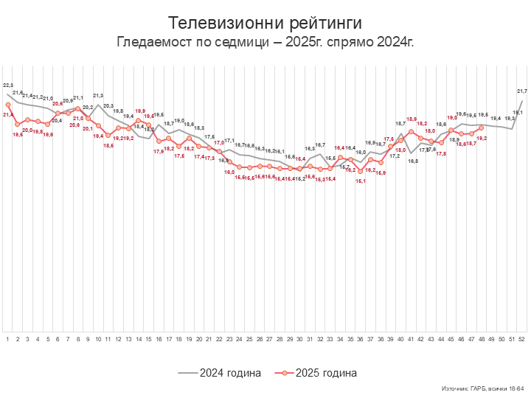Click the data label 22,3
click(x=8, y=85)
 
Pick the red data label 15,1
click(x=361, y=181)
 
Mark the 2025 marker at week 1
click(x=7, y=105)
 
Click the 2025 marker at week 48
click(x=482, y=128)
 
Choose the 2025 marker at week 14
click(x=139, y=121)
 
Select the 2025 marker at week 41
click(x=411, y=132)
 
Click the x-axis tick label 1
click(x=7, y=338)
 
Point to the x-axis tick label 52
click(x=522, y=338)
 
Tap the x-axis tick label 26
click(x=260, y=338)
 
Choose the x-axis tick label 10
click(x=98, y=338)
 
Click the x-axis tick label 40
click(x=401, y=338)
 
